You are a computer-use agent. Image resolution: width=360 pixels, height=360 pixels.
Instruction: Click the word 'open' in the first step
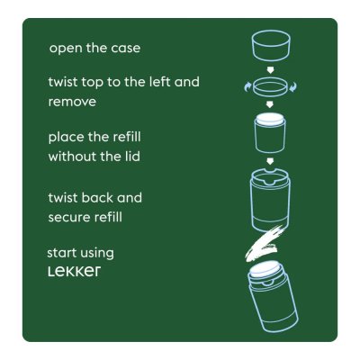[x=66, y=48]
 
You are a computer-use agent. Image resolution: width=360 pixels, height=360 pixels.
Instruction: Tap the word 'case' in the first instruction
[x=124, y=48]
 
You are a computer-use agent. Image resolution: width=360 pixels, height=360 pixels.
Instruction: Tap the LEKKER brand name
[x=74, y=271]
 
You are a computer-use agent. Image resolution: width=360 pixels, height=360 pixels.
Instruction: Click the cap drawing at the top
[x=269, y=46]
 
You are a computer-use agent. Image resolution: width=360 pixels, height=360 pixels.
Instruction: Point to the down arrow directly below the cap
[x=269, y=67]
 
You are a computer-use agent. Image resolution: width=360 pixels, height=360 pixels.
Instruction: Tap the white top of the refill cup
[x=269, y=117]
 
